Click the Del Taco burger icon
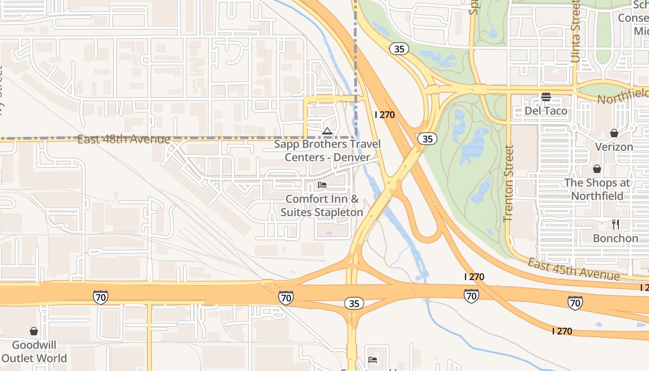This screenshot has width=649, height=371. click(546, 97)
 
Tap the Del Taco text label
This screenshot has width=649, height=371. click(546, 111)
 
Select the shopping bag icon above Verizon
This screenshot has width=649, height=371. click(614, 133)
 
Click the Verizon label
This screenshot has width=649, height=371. click(614, 147)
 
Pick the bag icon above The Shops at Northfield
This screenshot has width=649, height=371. click(597, 169)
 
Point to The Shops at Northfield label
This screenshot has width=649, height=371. click(597, 189)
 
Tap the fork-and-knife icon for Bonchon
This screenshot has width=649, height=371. click(616, 224)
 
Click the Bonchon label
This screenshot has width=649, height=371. click(616, 238)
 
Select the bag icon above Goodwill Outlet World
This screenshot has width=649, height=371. click(34, 331)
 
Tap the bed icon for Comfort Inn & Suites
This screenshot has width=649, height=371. click(322, 185)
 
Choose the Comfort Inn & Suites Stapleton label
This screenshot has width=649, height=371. click(322, 205)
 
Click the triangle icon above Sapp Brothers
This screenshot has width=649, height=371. click(327, 131)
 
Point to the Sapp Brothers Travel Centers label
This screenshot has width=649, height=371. click(327, 151)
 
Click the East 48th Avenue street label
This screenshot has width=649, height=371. click(124, 140)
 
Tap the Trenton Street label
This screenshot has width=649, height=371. click(509, 183)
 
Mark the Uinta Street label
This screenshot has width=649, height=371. click(576, 32)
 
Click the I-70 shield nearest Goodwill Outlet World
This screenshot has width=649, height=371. click(100, 297)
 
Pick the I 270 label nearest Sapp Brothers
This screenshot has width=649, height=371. click(384, 115)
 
